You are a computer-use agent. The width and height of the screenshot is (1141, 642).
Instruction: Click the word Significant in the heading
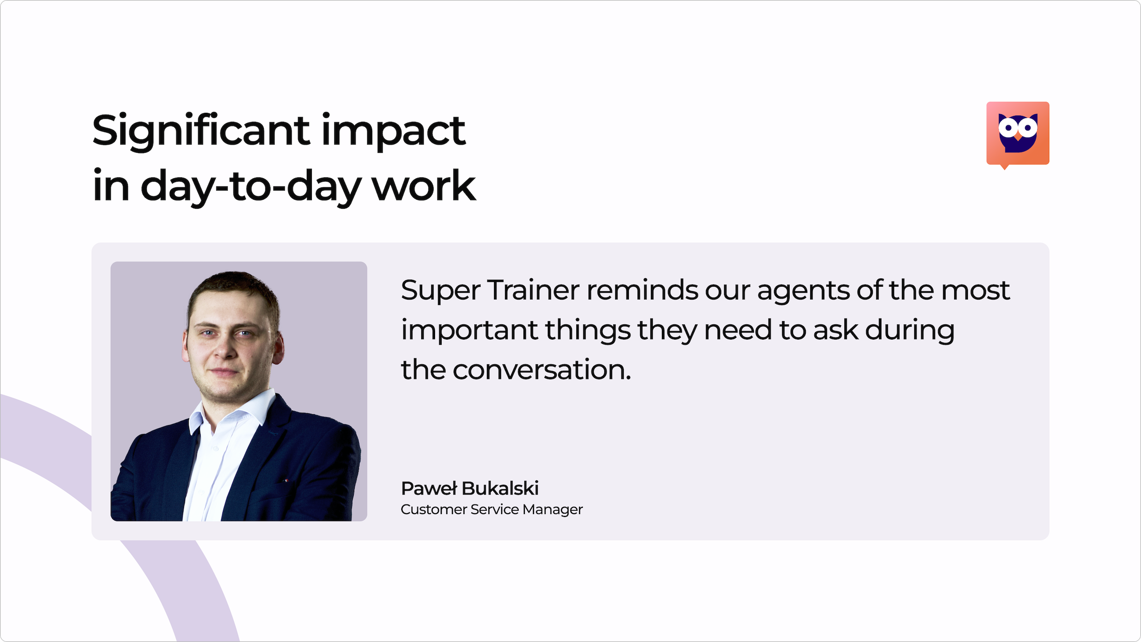[x=201, y=131]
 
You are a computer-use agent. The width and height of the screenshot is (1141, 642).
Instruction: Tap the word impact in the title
[x=394, y=131]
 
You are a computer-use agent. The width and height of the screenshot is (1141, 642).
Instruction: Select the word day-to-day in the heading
[x=251, y=186]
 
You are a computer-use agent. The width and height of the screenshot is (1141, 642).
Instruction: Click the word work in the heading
[x=424, y=186]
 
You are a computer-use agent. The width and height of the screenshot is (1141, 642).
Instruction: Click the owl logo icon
[x=1018, y=134]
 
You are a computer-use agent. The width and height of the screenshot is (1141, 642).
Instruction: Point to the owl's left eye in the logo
[x=1007, y=127]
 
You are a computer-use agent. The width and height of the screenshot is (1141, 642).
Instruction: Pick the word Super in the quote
[x=440, y=290]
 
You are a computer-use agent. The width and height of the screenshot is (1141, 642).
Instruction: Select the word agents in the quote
[x=803, y=291]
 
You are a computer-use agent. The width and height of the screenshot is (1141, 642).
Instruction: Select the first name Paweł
[x=429, y=488]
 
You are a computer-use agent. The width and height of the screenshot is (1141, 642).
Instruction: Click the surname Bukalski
[x=500, y=488]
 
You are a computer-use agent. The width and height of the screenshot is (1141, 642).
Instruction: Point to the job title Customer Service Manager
[x=492, y=509]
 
